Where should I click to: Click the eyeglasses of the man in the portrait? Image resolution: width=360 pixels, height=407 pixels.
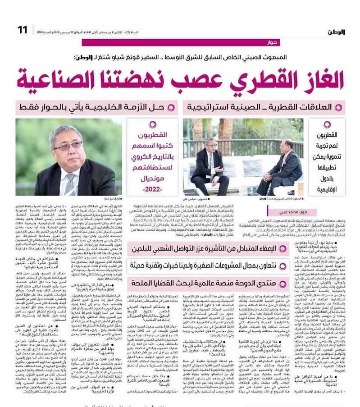click(x=68, y=146)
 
